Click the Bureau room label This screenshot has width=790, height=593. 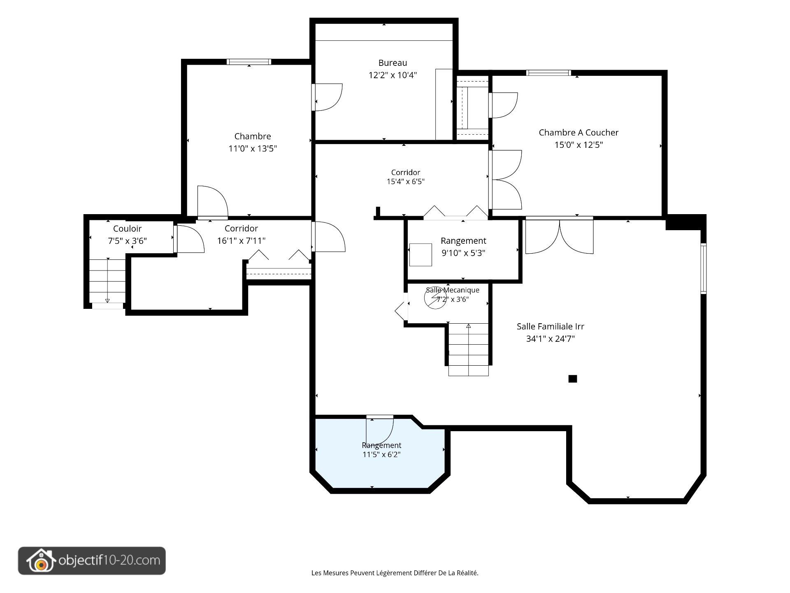(x=393, y=63)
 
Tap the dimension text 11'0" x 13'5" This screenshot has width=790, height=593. (x=253, y=149)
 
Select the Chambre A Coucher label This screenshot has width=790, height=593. (x=579, y=133)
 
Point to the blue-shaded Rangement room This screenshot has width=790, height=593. (x=381, y=453)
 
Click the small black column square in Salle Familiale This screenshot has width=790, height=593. (x=572, y=379)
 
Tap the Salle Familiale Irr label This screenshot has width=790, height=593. (x=550, y=327)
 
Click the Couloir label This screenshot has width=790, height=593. (x=127, y=229)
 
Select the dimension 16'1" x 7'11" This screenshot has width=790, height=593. (x=241, y=241)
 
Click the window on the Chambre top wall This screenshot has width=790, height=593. (x=249, y=62)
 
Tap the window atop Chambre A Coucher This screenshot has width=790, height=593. (x=548, y=73)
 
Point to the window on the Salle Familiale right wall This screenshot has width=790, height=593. (x=703, y=268)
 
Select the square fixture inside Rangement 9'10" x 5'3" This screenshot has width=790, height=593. (x=421, y=255)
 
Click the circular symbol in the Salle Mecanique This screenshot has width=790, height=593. (x=435, y=298)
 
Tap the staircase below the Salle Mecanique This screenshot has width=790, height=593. (x=468, y=349)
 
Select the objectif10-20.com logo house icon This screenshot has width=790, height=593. (x=41, y=561)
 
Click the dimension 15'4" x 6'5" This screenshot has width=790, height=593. (x=405, y=182)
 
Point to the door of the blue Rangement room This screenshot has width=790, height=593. (x=380, y=430)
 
